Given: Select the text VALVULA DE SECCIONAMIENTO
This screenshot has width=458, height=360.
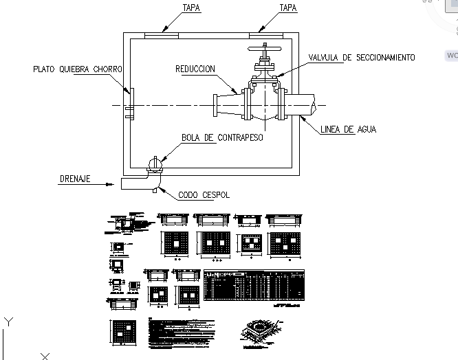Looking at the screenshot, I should [361, 58].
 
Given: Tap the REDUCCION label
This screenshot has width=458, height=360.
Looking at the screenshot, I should [195, 69].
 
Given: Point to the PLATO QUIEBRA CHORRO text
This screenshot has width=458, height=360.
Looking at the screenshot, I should [78, 69].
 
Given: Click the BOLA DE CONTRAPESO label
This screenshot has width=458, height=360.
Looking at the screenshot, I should [222, 137].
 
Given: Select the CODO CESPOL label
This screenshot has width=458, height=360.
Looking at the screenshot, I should [204, 195].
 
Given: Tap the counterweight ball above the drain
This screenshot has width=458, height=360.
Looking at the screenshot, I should [156, 165].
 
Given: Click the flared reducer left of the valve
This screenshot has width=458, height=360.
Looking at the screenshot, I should [227, 105].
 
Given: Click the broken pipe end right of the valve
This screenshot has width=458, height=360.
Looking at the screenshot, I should [313, 105].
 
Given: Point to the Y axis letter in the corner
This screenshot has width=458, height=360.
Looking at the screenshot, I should [8, 321].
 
